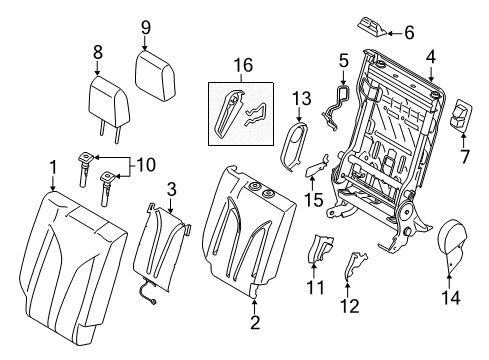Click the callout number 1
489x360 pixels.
point(51,165)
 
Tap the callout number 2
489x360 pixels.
point(254,323)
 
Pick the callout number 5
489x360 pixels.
point(343,61)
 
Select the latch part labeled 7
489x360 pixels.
point(464,119)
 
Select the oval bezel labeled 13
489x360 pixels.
point(297,146)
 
